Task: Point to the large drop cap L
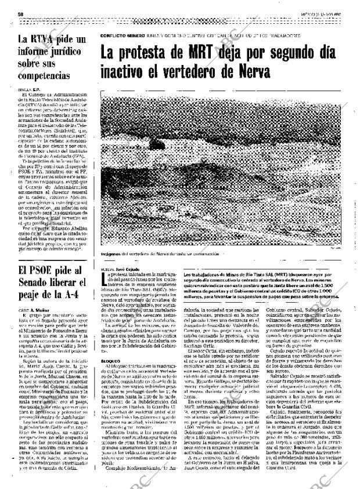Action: tap(105, 280)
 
